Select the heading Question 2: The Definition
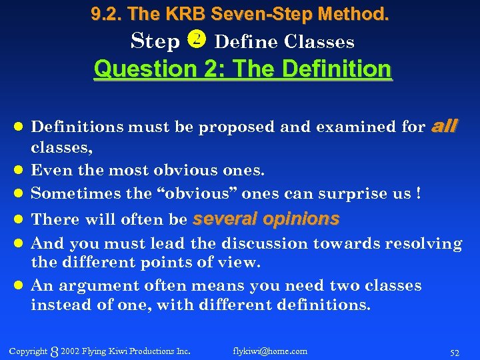pyautogui.click(x=243, y=69)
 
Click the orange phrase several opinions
pyautogui.click(x=265, y=219)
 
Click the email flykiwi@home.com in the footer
pyautogui.click(x=270, y=351)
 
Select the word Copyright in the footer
pyautogui.click(x=29, y=351)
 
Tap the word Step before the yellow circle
pyautogui.click(x=156, y=41)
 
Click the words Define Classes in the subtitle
pyautogui.click(x=285, y=41)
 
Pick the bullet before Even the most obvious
pyautogui.click(x=19, y=170)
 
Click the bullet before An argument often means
pyautogui.click(x=19, y=286)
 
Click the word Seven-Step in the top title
pyautogui.click(x=252, y=13)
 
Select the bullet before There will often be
pyautogui.click(x=19, y=219)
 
